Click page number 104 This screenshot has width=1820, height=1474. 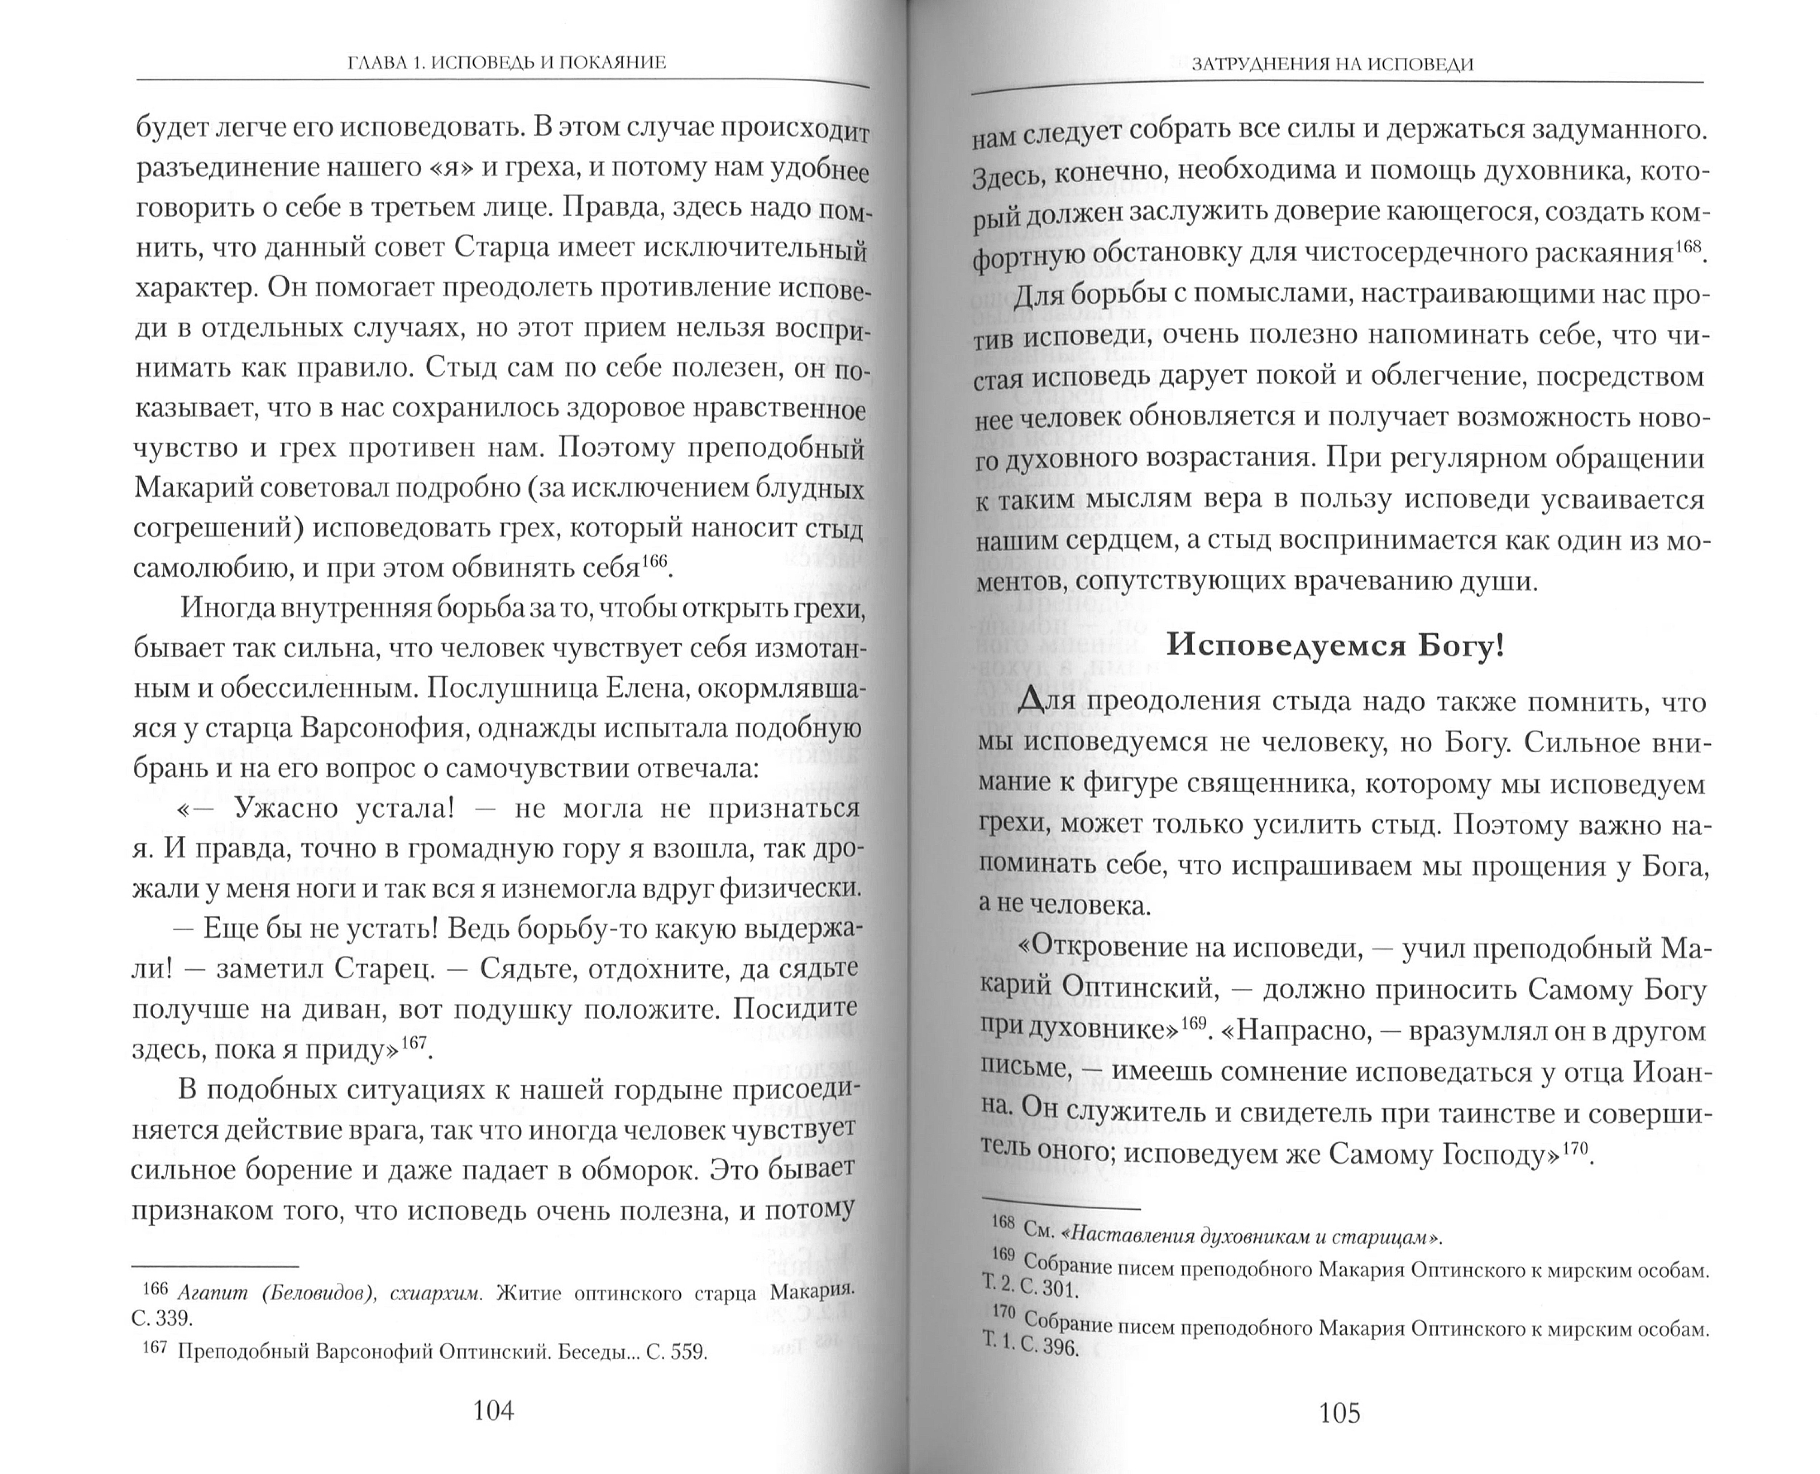(x=493, y=1410)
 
